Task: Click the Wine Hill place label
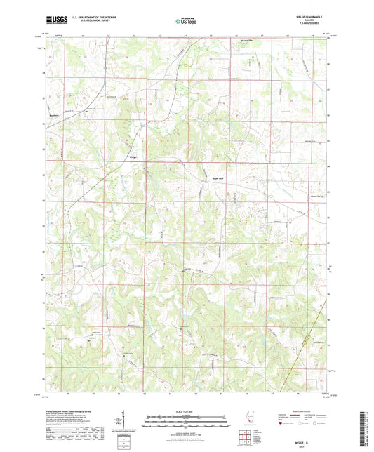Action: [x=217, y=178]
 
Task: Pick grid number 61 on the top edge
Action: [x=108, y=34]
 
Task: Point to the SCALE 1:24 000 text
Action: [x=186, y=410]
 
